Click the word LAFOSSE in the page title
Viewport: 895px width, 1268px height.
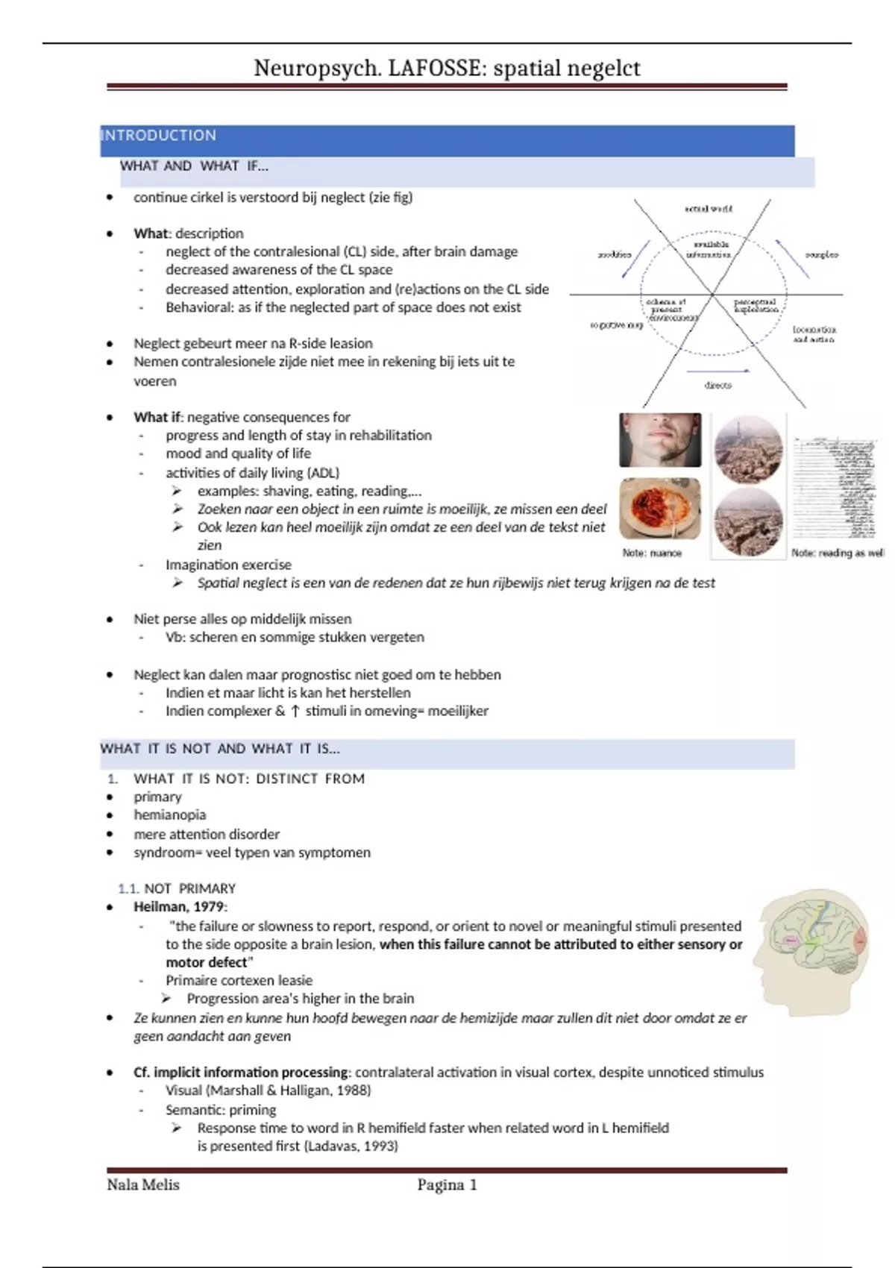[435, 68]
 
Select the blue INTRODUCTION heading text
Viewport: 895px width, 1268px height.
[159, 136]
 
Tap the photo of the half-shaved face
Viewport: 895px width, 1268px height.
[660, 440]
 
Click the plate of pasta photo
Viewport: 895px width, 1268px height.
[660, 508]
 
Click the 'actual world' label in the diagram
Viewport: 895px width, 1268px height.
[709, 209]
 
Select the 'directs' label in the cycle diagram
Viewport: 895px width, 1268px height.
[718, 386]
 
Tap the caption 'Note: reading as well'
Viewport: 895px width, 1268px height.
[838, 553]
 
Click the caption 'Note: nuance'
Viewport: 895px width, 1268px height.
[652, 553]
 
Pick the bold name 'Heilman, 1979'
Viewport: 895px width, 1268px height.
[179, 907]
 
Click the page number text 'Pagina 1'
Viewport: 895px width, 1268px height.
[447, 1185]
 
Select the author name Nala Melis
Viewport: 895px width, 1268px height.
[143, 1185]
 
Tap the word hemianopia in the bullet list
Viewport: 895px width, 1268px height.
[169, 815]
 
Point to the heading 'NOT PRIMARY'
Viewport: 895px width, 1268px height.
[189, 888]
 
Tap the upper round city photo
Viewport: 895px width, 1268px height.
[748, 449]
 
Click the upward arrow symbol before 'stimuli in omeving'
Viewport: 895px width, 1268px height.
[295, 712]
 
